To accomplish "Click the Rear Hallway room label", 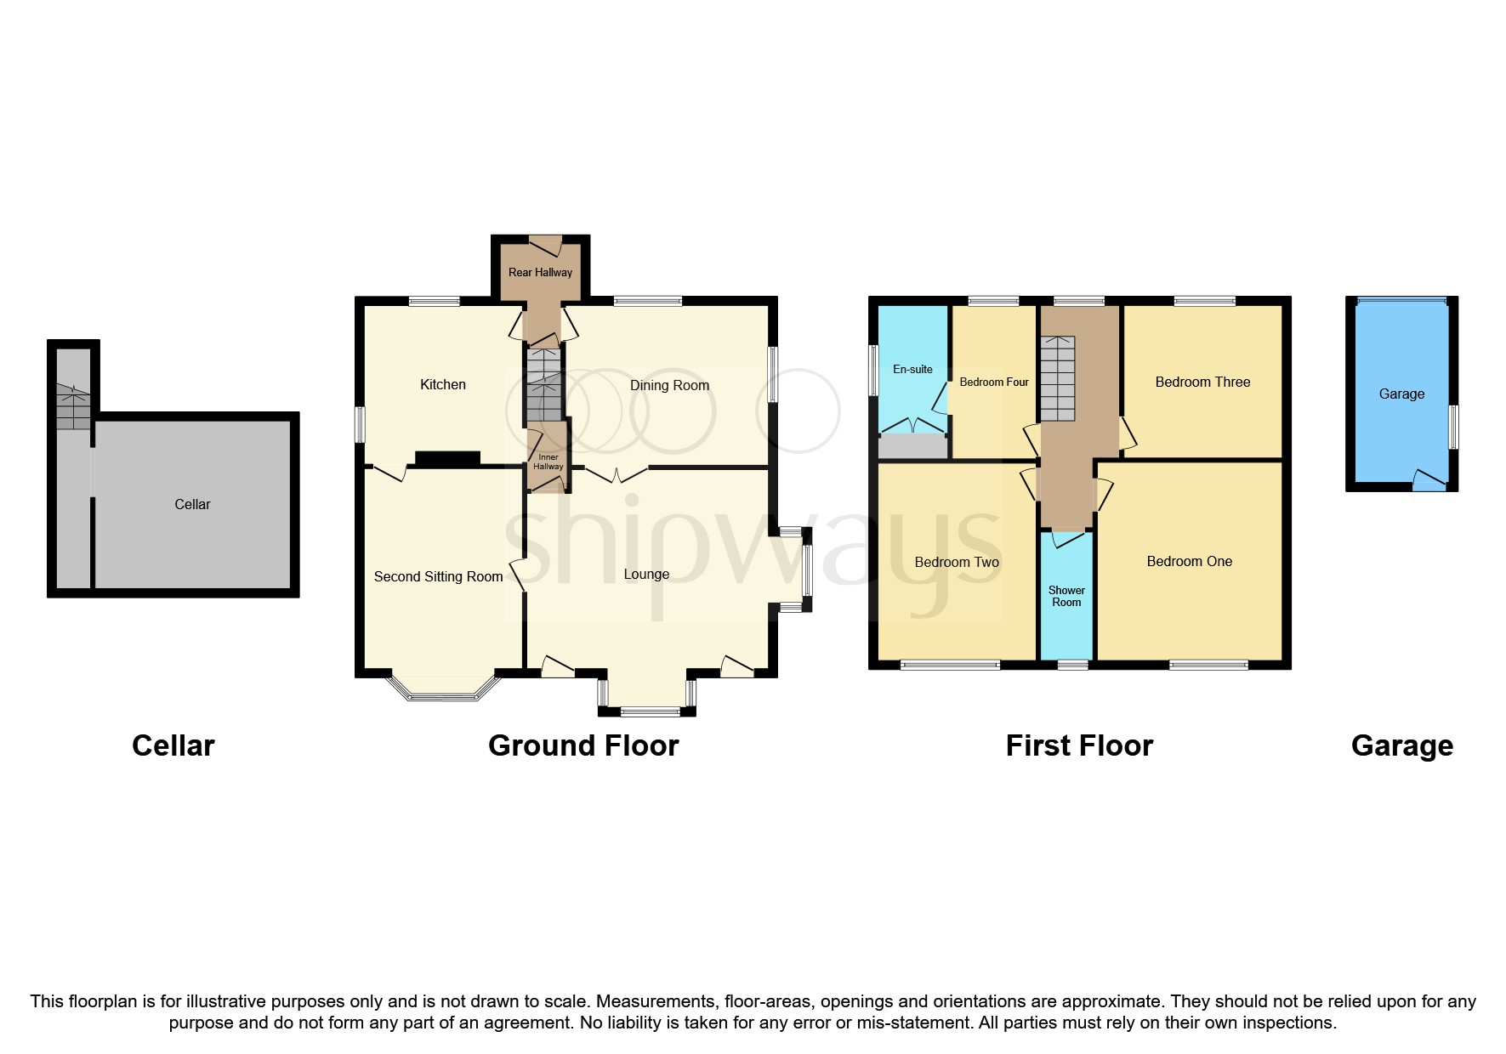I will pyautogui.click(x=540, y=272).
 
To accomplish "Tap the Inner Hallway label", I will pyautogui.click(x=548, y=462).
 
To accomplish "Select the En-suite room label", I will pyautogui.click(x=912, y=369).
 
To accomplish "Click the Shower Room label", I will pyautogui.click(x=1066, y=596).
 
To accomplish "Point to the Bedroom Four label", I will pyautogui.click(x=993, y=382).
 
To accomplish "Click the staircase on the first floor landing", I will pyautogui.click(x=1058, y=378).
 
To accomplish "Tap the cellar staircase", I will pyautogui.click(x=73, y=406).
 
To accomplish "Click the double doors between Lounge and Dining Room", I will pyautogui.click(x=617, y=473).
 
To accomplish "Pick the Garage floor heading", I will pyautogui.click(x=1401, y=745).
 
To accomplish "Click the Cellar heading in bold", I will pyautogui.click(x=173, y=745).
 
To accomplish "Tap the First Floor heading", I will pyautogui.click(x=1078, y=745).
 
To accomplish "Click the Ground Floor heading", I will pyautogui.click(x=583, y=745).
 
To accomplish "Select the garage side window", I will pyautogui.click(x=1453, y=427).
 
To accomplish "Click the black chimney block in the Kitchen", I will pyautogui.click(x=447, y=458).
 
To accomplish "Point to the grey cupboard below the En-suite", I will pyautogui.click(x=912, y=445).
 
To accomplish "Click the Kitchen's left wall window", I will pyautogui.click(x=360, y=424).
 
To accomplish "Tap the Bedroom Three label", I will pyautogui.click(x=1202, y=382).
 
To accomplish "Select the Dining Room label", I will pyautogui.click(x=669, y=385).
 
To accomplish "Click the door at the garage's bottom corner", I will pyautogui.click(x=1429, y=481).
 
